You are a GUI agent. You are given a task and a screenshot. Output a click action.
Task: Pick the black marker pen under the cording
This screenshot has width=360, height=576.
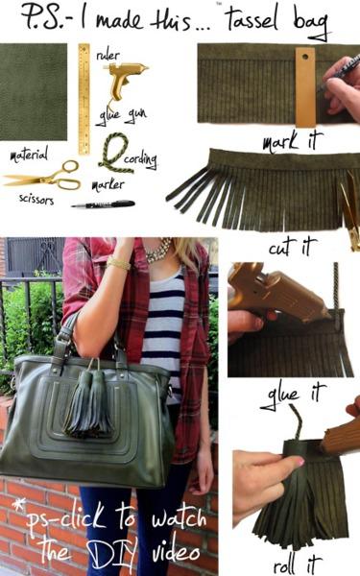click(x=103, y=204)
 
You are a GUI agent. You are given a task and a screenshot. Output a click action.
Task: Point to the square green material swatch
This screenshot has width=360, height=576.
click(x=35, y=79)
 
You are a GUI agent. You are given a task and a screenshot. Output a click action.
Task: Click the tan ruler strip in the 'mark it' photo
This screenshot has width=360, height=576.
click(x=305, y=86)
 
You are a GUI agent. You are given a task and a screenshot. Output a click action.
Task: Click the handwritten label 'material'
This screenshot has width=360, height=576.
click(x=29, y=155)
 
